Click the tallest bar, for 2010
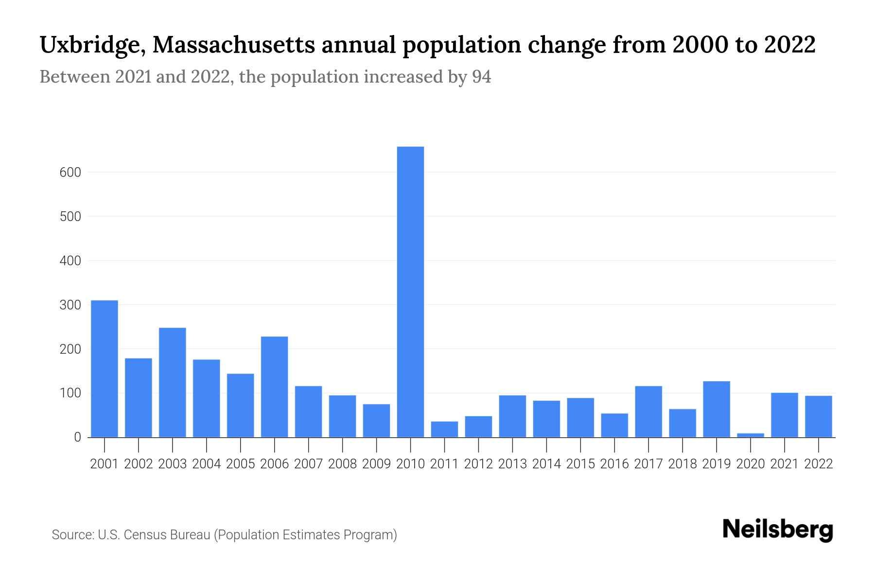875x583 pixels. coord(410,291)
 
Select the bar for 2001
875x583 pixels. coord(105,369)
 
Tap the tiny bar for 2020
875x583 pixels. coord(751,435)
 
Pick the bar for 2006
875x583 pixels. coord(274,387)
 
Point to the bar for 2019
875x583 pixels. coord(717,409)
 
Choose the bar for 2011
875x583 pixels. coord(444,429)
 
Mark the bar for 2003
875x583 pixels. coord(173,382)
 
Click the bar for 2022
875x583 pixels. coord(819,416)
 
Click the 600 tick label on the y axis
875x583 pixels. coord(70,172)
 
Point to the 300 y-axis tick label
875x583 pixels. coord(70,305)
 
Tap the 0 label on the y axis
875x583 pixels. coord(77,437)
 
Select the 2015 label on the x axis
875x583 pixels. coord(580,464)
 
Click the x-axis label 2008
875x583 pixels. coord(342,464)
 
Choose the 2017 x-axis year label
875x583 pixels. coord(648,464)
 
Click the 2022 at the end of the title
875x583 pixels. coord(790,45)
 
